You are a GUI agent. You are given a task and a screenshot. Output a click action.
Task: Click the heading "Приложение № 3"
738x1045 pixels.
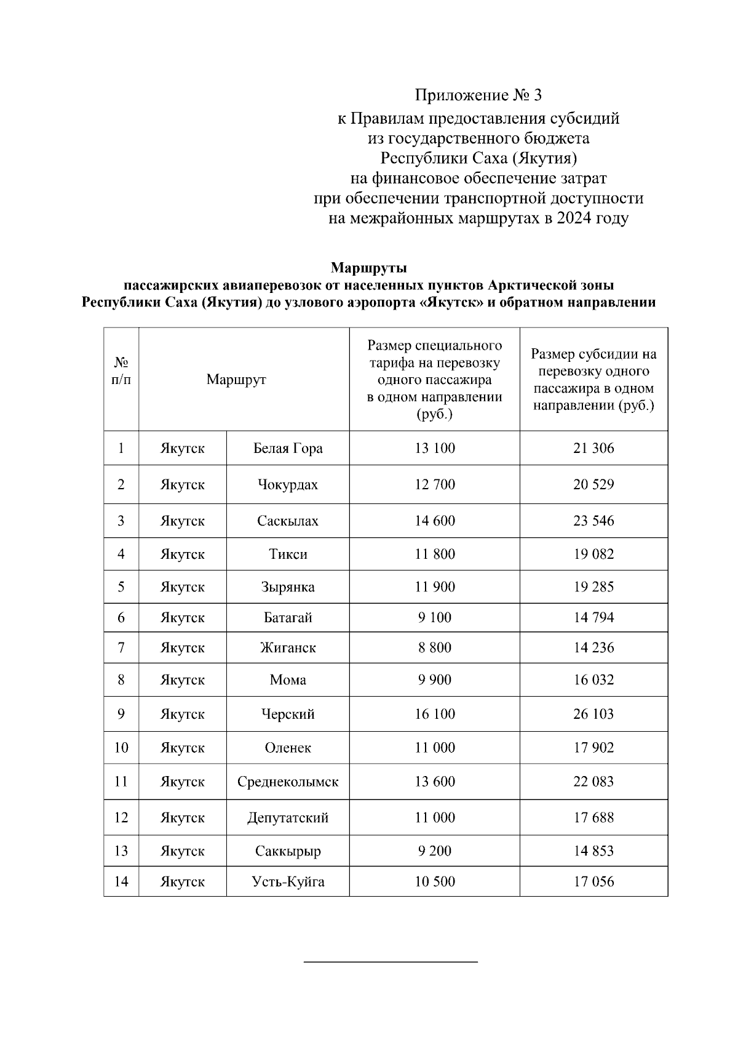pyautogui.click(x=478, y=95)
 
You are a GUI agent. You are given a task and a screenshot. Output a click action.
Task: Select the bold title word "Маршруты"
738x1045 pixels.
pyautogui.click(x=368, y=268)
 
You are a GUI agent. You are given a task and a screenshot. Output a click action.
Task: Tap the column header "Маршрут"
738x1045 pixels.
pyautogui.click(x=236, y=379)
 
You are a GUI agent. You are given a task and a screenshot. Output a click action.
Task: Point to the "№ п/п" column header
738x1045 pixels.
pyautogui.click(x=121, y=371)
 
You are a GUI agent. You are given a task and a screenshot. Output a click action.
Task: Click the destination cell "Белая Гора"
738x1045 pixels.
pyautogui.click(x=288, y=448)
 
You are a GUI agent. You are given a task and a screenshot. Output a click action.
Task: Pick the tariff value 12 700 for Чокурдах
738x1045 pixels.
pyautogui.click(x=435, y=484)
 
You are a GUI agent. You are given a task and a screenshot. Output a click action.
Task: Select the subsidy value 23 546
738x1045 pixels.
pyautogui.click(x=593, y=521)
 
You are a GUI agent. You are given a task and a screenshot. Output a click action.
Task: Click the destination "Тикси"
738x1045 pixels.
pyautogui.click(x=288, y=554)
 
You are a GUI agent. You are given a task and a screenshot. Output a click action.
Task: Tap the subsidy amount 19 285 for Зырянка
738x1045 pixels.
pyautogui.click(x=593, y=587)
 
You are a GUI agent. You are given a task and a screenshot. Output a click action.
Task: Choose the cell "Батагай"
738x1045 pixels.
pyautogui.click(x=288, y=617)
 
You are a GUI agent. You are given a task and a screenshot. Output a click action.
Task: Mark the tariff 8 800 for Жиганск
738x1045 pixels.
pyautogui.click(x=435, y=647)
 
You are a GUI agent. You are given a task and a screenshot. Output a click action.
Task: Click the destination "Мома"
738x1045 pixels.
pyautogui.click(x=288, y=680)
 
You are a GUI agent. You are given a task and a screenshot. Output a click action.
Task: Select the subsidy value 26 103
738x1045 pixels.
pyautogui.click(x=593, y=714)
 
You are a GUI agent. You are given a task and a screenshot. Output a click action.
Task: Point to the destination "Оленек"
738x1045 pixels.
pyautogui.click(x=288, y=748)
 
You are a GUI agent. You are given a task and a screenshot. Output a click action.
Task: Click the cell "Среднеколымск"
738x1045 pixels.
pyautogui.click(x=288, y=782)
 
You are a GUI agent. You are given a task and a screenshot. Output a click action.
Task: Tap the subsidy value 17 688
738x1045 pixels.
pyautogui.click(x=593, y=817)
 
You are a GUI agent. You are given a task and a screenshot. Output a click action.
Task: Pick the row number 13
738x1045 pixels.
pyautogui.click(x=121, y=851)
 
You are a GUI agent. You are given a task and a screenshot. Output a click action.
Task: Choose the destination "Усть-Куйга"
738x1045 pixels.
pyautogui.click(x=288, y=881)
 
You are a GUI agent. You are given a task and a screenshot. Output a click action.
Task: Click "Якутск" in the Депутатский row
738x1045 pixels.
pyautogui.click(x=182, y=817)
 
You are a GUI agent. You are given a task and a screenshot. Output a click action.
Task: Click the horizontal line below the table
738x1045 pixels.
pyautogui.click(x=391, y=961)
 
